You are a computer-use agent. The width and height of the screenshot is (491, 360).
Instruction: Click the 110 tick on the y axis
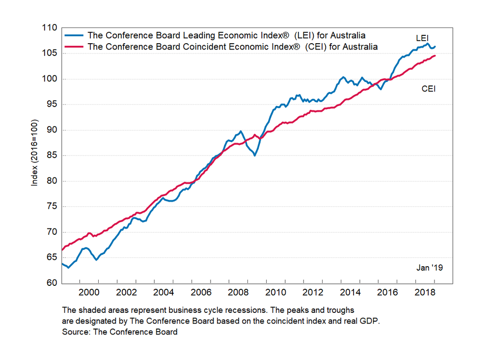coord(51,28)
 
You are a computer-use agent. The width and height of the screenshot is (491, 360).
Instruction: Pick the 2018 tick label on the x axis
coord(425,293)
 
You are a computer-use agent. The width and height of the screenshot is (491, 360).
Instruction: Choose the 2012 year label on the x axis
coord(313,293)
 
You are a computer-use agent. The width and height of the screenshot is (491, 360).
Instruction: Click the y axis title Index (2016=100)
coord(34,153)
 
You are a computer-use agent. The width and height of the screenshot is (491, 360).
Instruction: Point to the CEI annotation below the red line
coord(429,89)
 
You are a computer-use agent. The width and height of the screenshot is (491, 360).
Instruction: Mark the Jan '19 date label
coord(430,268)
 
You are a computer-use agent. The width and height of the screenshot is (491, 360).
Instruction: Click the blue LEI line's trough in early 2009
coord(254,155)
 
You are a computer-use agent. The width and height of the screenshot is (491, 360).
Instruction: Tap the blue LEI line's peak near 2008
coord(240,132)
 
